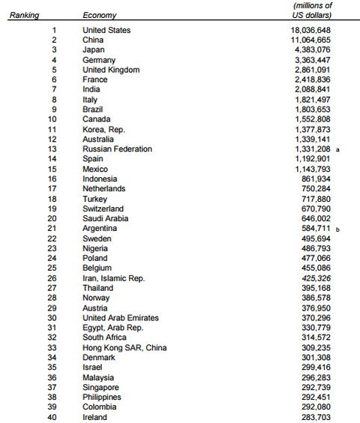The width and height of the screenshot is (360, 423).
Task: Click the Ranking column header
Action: pos(24,15)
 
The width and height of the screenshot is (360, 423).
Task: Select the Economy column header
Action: pos(99,15)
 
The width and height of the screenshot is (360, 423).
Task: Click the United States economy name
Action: pos(106,30)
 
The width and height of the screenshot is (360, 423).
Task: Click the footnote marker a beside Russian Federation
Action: pos(338,149)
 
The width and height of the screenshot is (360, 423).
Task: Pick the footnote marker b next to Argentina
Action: pos(338,229)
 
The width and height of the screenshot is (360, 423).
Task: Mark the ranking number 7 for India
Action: pos(54,89)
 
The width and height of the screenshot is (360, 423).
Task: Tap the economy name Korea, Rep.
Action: pos(103,129)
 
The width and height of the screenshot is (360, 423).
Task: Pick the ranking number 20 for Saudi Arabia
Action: pos(52,218)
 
